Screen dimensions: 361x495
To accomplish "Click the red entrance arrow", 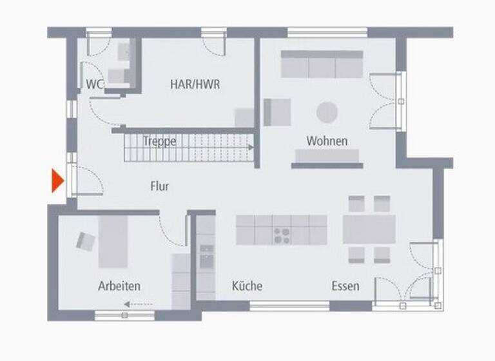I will [57, 180].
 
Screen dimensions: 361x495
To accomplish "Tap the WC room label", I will [95, 84].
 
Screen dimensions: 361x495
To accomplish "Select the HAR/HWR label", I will [195, 84].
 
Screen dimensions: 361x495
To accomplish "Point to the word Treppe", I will [160, 141].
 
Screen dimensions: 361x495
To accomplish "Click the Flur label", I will [159, 186].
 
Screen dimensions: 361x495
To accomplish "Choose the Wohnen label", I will [327, 141].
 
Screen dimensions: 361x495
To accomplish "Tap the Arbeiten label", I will [119, 286].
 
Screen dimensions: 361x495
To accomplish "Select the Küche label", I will [247, 286].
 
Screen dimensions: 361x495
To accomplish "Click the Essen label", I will [345, 286].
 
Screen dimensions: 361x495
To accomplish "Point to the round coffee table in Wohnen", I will [327, 112].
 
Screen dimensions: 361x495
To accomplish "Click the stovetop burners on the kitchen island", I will [282, 235].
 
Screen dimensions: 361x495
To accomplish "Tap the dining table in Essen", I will [369, 229].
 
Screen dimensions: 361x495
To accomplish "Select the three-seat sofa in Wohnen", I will [322, 64].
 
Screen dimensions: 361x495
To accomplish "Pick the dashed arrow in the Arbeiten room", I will [138, 304].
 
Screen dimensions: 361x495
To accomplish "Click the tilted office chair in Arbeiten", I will [86, 240].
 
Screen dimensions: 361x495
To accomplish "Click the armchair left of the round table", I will [277, 112].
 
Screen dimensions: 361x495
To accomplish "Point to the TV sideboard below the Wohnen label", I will [327, 155].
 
